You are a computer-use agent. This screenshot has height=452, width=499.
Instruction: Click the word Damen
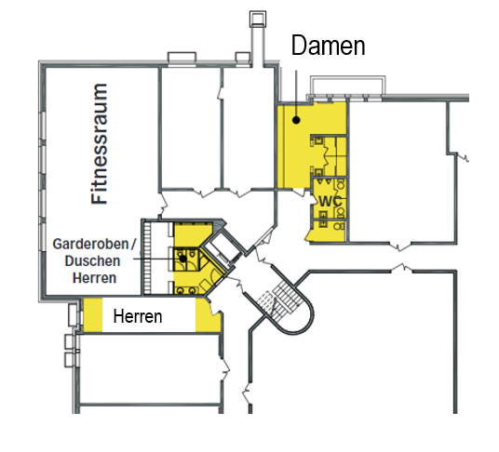coord(328,46)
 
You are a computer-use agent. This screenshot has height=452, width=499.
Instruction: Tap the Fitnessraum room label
coord(100,143)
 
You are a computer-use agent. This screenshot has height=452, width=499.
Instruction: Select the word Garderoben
coord(90,244)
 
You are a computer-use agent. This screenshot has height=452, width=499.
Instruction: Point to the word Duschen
coord(92,261)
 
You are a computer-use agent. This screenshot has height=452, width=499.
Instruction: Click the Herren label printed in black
coord(138,316)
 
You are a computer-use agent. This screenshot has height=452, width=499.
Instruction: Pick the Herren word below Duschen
coord(95,278)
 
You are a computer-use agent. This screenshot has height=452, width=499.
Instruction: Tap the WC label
coord(330,201)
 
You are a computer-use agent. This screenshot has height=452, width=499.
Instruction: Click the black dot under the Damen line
coord(296,120)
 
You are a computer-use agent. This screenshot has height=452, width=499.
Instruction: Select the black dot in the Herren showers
coord(183,259)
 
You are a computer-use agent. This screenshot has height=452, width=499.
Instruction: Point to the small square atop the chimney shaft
coord(258,20)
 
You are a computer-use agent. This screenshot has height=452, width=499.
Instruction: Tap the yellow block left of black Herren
coord(92,314)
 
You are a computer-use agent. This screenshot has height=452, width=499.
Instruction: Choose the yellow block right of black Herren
coord(208,315)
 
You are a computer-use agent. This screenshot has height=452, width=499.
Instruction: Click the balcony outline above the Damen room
coord(348,77)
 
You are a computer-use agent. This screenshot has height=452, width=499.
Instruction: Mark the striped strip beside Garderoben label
coord(147,257)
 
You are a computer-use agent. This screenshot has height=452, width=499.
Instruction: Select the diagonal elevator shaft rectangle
coord(223,247)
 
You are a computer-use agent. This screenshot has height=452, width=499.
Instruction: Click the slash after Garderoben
coord(133,244)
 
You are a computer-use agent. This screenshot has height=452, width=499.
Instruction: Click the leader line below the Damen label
coord(296,93)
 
